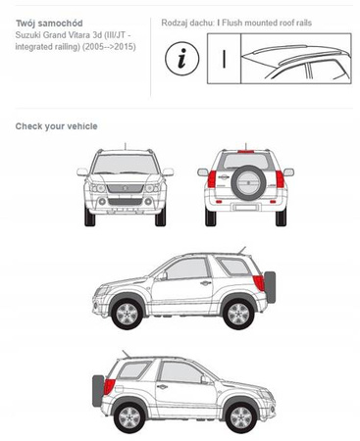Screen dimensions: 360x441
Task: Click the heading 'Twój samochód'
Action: coord(49,24)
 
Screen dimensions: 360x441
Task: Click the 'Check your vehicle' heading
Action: coord(56,126)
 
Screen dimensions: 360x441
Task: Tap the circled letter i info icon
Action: coord(182,59)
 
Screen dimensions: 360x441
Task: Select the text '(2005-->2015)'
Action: coord(109,47)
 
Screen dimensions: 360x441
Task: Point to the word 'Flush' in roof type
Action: coord(232,23)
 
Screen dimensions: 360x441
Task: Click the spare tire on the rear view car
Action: coord(246,183)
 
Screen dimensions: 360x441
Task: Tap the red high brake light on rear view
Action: coord(247,152)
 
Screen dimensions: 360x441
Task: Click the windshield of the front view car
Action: coord(126,165)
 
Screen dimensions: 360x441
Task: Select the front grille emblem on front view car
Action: coord(126,188)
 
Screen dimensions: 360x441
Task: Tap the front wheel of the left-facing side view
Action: coord(128,314)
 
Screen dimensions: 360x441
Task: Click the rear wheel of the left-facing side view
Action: coord(238,314)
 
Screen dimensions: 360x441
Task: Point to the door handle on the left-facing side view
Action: coord(206,283)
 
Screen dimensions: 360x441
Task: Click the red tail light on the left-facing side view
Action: coord(259,283)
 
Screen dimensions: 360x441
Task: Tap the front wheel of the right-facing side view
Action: coord(241,417)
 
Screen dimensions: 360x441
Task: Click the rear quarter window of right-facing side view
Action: coord(133,370)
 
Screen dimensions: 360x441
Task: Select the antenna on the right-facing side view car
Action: coord(127,354)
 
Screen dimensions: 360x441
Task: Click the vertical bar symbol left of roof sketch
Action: coord(224,59)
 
